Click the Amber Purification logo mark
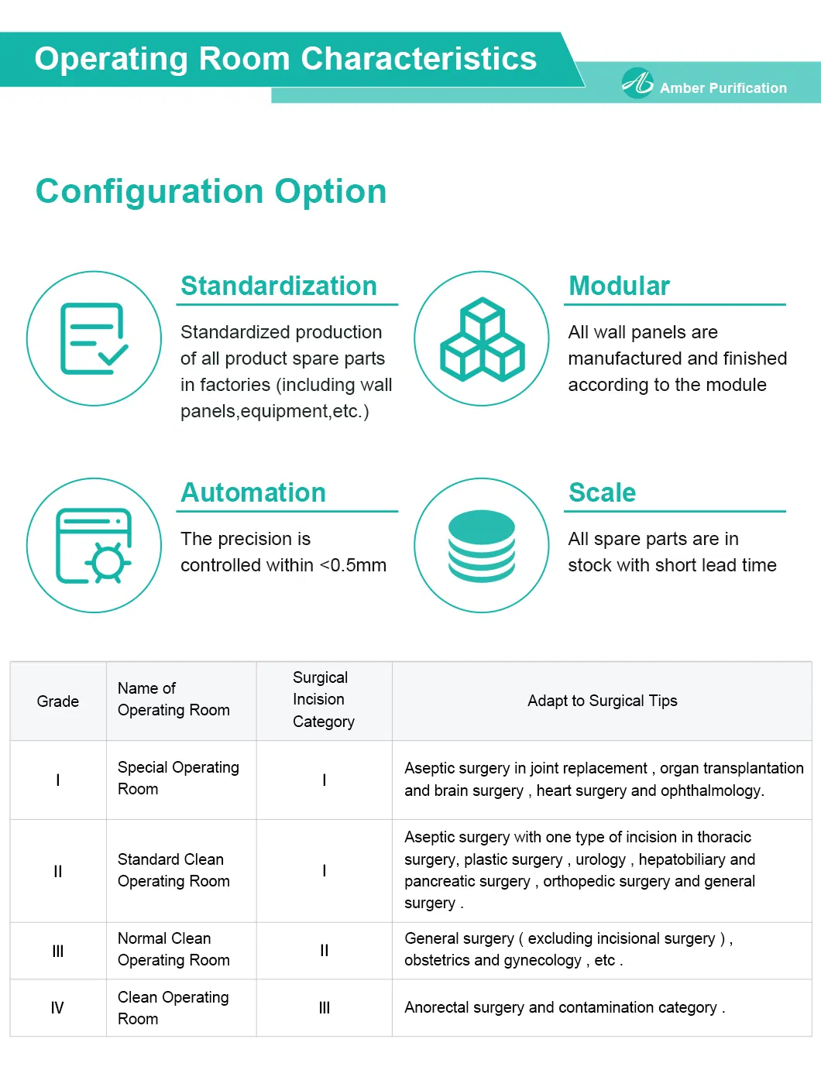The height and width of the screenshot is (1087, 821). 637,82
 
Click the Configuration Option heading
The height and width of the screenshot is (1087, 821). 211,191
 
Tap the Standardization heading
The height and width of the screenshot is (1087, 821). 278,286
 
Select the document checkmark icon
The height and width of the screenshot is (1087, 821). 94,338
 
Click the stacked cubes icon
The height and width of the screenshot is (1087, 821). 482,339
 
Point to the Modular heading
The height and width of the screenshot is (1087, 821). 619,286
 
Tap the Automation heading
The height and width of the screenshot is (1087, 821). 253,492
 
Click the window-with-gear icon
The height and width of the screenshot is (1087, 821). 94,545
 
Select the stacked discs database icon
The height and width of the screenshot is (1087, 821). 482,546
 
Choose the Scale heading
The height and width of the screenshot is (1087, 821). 602,492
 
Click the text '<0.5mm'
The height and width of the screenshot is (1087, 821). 353,565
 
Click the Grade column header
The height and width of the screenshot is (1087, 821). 58,701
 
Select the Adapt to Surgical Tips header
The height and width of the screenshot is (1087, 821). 602,701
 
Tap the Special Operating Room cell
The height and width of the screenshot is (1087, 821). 178,778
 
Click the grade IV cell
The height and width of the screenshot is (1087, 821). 57,1008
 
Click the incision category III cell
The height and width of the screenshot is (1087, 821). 324,1008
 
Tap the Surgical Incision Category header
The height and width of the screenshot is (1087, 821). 323,700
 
